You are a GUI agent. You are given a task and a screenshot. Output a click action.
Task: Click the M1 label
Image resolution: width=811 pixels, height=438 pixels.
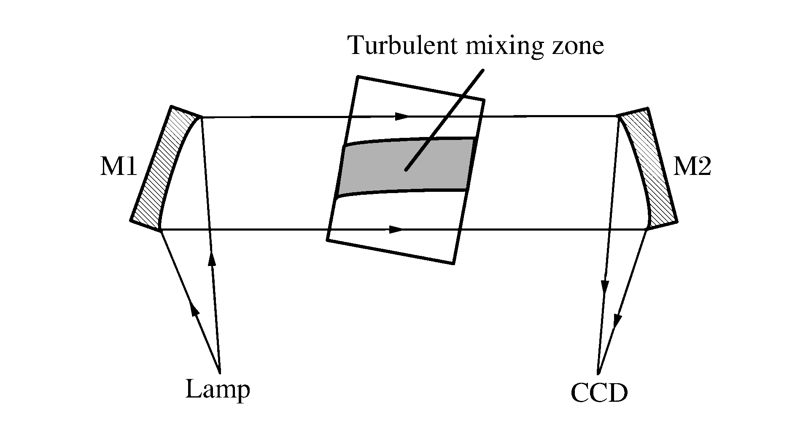(119, 168)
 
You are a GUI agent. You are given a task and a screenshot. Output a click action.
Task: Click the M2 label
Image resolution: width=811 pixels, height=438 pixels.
(692, 167)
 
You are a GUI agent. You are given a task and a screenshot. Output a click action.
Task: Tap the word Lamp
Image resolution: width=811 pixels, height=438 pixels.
(218, 390)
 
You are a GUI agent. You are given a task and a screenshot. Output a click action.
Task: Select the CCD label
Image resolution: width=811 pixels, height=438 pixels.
(599, 393)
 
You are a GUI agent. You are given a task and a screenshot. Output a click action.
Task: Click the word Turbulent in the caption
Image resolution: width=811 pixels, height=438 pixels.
(403, 46)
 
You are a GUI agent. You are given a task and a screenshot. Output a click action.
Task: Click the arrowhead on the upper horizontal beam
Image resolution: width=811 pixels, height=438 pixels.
(402, 116)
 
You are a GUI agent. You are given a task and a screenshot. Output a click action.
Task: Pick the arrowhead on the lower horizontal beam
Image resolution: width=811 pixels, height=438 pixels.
(396, 229)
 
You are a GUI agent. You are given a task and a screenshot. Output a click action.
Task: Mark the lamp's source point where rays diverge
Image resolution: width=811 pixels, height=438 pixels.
(220, 372)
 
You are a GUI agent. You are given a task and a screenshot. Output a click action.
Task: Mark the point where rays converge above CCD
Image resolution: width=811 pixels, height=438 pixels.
(599, 373)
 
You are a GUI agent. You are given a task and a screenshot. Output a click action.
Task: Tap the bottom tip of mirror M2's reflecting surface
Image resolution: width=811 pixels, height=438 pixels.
(647, 229)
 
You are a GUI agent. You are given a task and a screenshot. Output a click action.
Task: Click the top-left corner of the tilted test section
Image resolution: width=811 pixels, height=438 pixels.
(358, 77)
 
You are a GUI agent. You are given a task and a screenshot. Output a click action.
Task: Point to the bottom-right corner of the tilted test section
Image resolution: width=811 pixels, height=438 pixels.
(453, 263)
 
